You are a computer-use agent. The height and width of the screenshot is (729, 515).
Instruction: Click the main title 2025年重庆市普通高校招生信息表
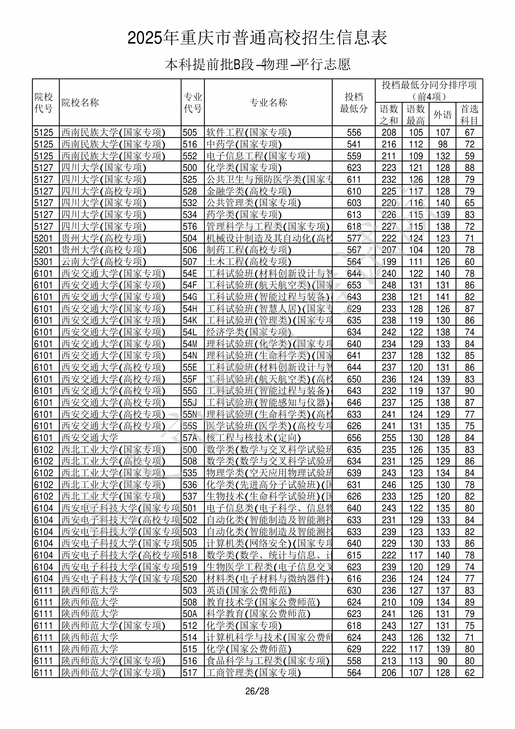257,38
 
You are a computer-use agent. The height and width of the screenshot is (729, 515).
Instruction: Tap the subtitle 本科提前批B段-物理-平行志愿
257,64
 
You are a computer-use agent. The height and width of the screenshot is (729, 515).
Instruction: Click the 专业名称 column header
268,102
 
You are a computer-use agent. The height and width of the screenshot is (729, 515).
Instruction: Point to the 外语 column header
442,115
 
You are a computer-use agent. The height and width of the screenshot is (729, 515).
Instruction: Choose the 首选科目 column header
469,115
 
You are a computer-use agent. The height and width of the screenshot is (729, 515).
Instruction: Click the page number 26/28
257,691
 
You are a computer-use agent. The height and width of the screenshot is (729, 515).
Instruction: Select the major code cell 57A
190,438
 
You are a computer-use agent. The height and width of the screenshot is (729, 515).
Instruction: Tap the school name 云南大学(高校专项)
104,262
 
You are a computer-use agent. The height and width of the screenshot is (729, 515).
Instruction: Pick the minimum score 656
354,438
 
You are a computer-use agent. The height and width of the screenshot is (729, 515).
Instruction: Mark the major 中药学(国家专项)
244,144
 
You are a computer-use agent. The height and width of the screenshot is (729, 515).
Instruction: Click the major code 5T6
190,226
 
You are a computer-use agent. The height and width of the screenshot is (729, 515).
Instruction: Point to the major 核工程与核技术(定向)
253,438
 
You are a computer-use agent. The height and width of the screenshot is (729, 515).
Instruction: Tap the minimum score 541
354,144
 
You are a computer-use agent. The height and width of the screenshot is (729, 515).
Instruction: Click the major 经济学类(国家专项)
249,332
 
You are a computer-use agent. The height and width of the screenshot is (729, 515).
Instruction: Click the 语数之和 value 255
389,438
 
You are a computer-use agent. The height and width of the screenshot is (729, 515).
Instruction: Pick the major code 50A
190,614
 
